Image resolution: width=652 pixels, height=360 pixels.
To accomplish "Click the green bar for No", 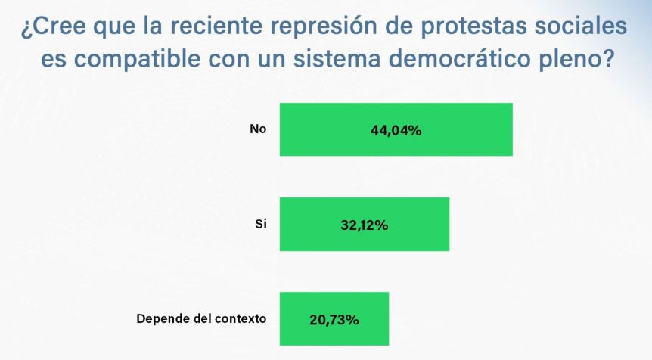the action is pos(396,129).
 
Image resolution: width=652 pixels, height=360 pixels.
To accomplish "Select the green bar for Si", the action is pos(365,224).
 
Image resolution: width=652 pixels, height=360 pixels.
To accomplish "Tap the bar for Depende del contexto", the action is pos(334,319).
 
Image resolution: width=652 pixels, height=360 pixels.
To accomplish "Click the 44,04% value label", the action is pos(396,131).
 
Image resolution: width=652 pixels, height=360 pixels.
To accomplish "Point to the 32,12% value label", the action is pos(365,225).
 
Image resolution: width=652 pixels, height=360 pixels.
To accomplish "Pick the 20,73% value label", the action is pos(334,320).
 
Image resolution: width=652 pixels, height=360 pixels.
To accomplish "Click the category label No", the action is pos(258,129).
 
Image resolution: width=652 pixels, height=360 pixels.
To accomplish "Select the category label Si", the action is pos(261,224).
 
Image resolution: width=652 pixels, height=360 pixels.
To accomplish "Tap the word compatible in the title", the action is pos(137,59).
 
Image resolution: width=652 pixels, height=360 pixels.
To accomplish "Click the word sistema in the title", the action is pos(337,59).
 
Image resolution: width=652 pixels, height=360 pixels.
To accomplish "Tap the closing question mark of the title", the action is pos(608,58).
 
